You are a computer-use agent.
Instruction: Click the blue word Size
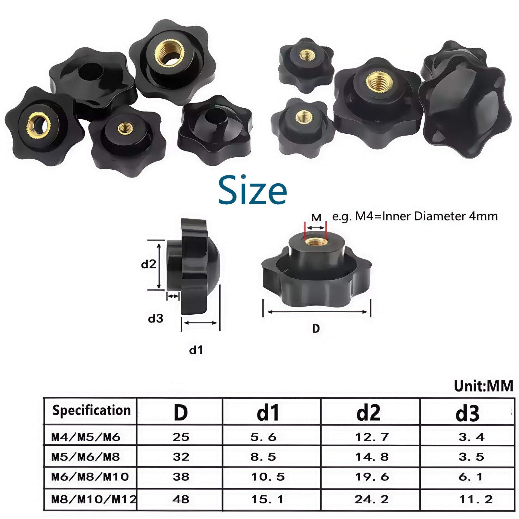[x=252, y=190]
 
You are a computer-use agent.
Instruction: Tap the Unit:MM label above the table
[x=484, y=386]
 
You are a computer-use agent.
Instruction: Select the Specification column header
[x=91, y=410]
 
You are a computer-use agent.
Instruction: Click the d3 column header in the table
[x=467, y=413]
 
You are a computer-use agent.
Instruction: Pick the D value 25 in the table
[x=181, y=437]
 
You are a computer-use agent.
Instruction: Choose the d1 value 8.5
[x=263, y=457]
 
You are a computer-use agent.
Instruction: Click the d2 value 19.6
[x=372, y=477]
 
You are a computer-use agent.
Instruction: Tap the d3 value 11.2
[x=476, y=499]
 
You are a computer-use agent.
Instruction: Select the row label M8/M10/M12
[x=94, y=499]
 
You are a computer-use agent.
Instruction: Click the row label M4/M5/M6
[x=86, y=437]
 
